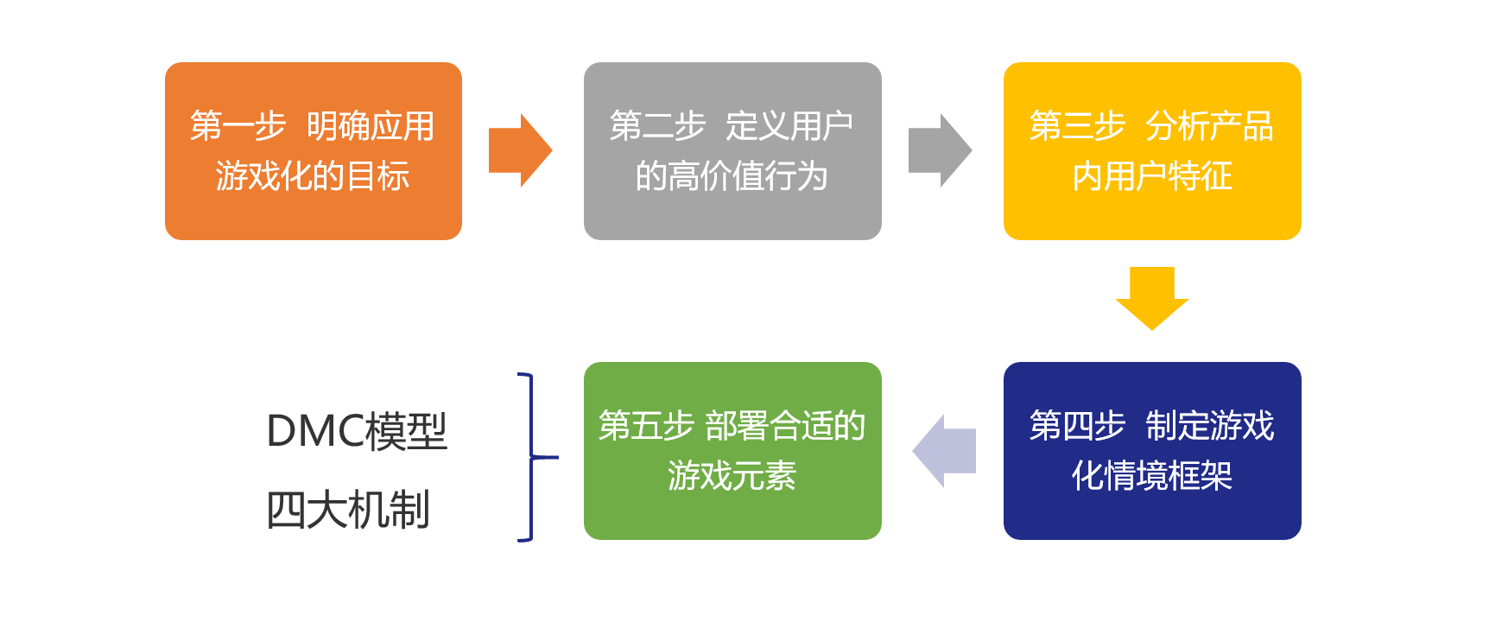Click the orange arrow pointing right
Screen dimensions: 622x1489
click(x=519, y=150)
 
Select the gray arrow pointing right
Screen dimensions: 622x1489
click(x=939, y=150)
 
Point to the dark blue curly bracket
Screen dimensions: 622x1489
click(x=531, y=457)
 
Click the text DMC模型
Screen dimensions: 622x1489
click(x=357, y=431)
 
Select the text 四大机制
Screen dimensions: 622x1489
click(x=348, y=510)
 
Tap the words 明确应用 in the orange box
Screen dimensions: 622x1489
click(x=371, y=126)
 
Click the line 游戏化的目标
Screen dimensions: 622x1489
click(x=313, y=176)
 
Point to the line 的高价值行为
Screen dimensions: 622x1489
click(x=732, y=176)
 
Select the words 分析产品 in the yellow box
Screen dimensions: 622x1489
click(x=1209, y=126)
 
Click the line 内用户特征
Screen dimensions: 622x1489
click(x=1151, y=176)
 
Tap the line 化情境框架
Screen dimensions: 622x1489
click(x=1151, y=476)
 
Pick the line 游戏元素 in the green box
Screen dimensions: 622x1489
click(x=732, y=476)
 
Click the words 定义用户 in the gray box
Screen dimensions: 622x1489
click(x=789, y=126)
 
